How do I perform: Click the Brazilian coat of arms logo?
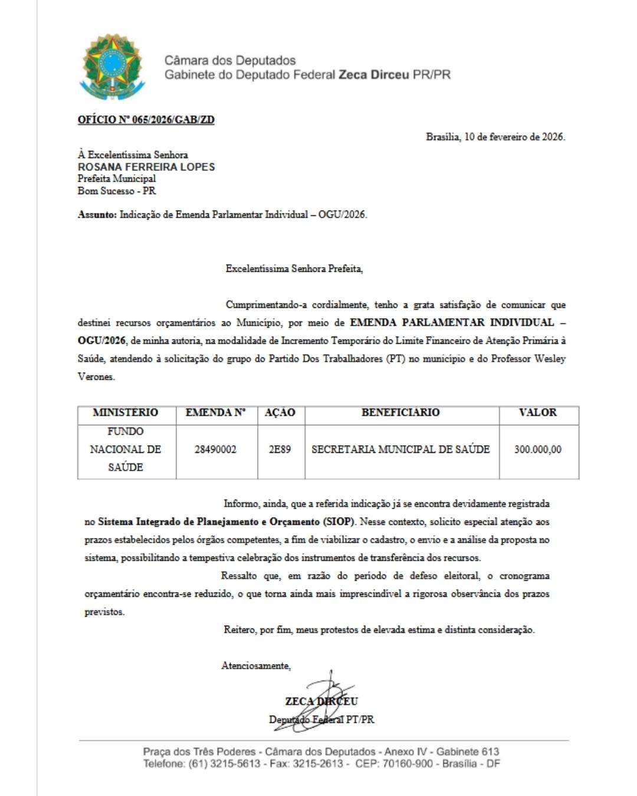click(112, 67)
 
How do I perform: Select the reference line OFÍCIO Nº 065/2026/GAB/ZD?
click(146, 120)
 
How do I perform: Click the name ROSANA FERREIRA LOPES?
click(146, 167)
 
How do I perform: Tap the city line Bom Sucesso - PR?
click(117, 191)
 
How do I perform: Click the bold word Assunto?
click(97, 215)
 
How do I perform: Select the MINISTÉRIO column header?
click(126, 413)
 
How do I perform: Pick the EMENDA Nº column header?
click(215, 413)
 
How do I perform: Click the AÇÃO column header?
click(280, 413)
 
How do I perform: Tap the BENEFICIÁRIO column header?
click(400, 413)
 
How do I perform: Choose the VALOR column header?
click(537, 413)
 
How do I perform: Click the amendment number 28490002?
click(215, 449)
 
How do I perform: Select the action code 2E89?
click(280, 449)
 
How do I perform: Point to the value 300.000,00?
click(537, 449)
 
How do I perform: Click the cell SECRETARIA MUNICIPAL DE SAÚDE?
click(400, 449)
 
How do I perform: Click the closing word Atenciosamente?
click(255, 666)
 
